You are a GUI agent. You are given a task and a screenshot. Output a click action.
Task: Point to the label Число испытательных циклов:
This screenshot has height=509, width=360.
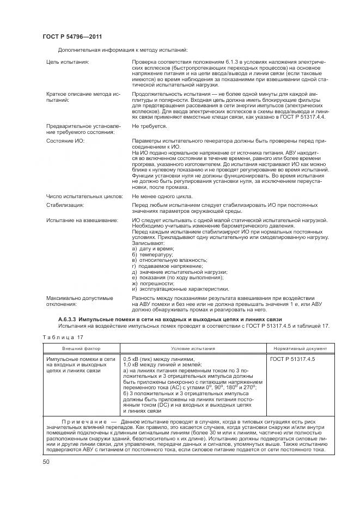click(85, 195)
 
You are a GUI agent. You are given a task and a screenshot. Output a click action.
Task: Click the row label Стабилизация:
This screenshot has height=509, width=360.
click(65, 205)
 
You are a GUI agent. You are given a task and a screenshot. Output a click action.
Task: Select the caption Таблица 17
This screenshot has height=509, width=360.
click(56, 338)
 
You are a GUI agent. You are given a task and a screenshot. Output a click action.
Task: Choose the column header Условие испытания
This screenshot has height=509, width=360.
click(193, 348)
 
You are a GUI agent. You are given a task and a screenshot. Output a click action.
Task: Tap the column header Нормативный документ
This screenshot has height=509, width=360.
click(297, 348)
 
